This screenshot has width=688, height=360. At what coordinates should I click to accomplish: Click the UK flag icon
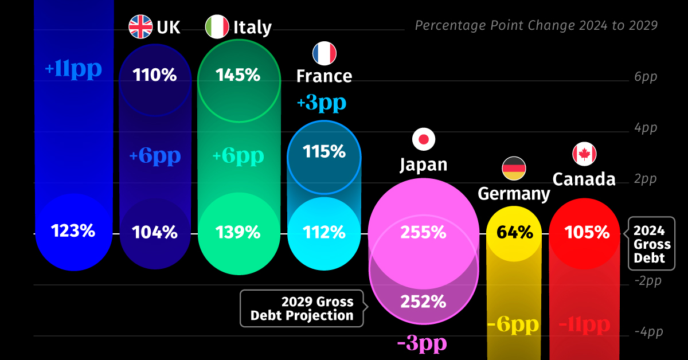pyautogui.click(x=140, y=27)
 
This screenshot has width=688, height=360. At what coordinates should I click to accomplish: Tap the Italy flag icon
pyautogui.click(x=217, y=27)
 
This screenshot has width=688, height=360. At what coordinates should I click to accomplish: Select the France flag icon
pyautogui.click(x=324, y=53)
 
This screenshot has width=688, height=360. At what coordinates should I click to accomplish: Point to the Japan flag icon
pyautogui.click(x=424, y=139)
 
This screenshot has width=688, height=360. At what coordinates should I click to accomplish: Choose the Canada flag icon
pyautogui.click(x=584, y=154)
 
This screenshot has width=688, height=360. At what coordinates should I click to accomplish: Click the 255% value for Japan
pyautogui.click(x=424, y=232)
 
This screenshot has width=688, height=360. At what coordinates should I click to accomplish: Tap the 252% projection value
pyautogui.click(x=424, y=301)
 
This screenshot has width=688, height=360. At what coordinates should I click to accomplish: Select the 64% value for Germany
pyautogui.click(x=514, y=232)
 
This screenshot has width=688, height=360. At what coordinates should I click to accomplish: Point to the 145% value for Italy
pyautogui.click(x=238, y=75)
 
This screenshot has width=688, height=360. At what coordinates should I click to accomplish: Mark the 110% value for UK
pyautogui.click(x=155, y=75)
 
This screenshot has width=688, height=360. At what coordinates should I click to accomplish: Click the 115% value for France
pyautogui.click(x=324, y=152)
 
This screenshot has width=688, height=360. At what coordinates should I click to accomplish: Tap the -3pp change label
pyautogui.click(x=422, y=345)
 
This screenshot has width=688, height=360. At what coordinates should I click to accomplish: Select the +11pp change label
pyautogui.click(x=73, y=69)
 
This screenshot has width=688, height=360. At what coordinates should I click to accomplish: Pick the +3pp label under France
pyautogui.click(x=322, y=103)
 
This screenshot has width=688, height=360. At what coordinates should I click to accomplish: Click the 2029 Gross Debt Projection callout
pyautogui.click(x=302, y=308)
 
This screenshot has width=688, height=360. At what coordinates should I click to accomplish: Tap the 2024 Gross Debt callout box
pyautogui.click(x=652, y=244)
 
